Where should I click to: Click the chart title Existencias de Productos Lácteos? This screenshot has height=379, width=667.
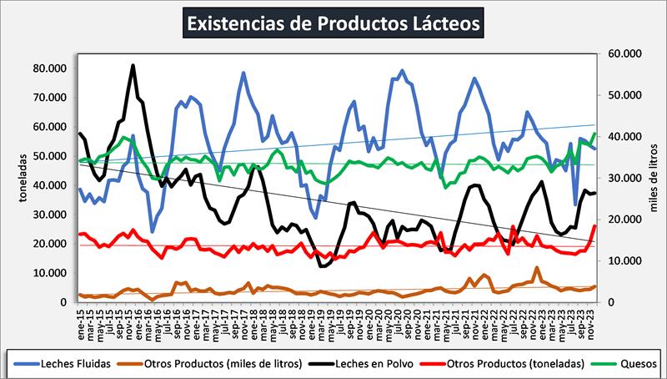tap(333, 23)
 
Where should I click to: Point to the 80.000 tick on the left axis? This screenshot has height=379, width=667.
tap(49, 68)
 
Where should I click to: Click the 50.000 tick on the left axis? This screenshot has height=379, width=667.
tap(49, 156)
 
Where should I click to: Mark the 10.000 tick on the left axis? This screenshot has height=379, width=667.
tap(49, 273)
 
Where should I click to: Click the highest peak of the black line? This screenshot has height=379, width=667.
tap(133, 65)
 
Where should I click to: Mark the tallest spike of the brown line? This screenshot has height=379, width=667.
tap(537, 268)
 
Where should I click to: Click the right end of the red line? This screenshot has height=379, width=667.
tap(594, 225)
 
